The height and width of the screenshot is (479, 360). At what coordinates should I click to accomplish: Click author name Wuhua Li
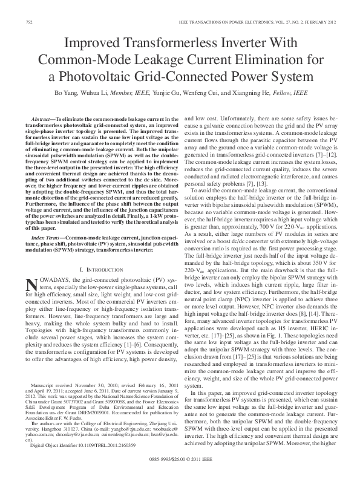click(119, 94)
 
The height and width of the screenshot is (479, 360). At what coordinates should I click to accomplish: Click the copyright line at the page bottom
click(180, 474)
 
